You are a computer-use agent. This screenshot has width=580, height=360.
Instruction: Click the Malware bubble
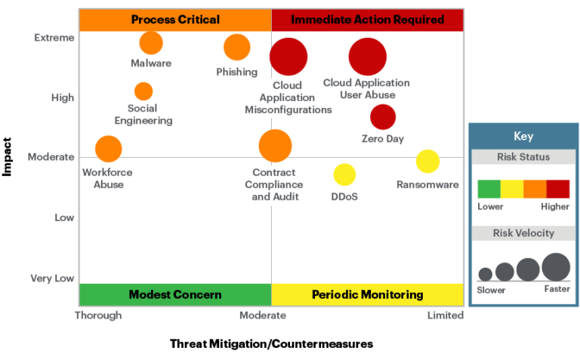point(151,43)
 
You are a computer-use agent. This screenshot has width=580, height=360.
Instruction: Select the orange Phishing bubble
point(236,48)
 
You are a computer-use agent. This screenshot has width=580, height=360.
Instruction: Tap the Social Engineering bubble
point(143,91)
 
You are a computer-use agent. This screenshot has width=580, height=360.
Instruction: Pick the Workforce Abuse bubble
point(109,149)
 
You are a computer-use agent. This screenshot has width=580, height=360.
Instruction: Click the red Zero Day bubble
point(383,117)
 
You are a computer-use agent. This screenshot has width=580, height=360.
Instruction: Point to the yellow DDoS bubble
point(344,174)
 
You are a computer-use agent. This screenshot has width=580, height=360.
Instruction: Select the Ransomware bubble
point(427,161)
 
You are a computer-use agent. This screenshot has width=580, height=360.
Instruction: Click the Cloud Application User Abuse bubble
point(368,57)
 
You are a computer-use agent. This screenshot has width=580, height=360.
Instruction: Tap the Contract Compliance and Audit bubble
point(275,146)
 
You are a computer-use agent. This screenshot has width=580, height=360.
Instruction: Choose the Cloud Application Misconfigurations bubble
point(288,57)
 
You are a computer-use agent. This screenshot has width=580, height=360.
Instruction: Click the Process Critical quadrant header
point(175,20)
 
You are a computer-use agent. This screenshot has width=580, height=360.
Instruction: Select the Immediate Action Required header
point(367,20)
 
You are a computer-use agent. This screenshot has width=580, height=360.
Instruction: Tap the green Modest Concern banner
point(175,294)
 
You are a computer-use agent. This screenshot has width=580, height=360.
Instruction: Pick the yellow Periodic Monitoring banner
point(367,294)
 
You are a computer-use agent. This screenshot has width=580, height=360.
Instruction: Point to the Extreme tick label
point(54,38)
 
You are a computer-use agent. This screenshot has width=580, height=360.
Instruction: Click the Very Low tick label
point(52,278)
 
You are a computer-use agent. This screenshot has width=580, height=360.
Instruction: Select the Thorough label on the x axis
point(98,315)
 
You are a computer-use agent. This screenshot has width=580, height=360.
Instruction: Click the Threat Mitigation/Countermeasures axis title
point(272,344)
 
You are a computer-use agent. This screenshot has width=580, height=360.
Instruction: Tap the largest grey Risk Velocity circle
point(556,266)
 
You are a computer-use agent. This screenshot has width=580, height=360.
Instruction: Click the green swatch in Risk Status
point(489,189)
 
